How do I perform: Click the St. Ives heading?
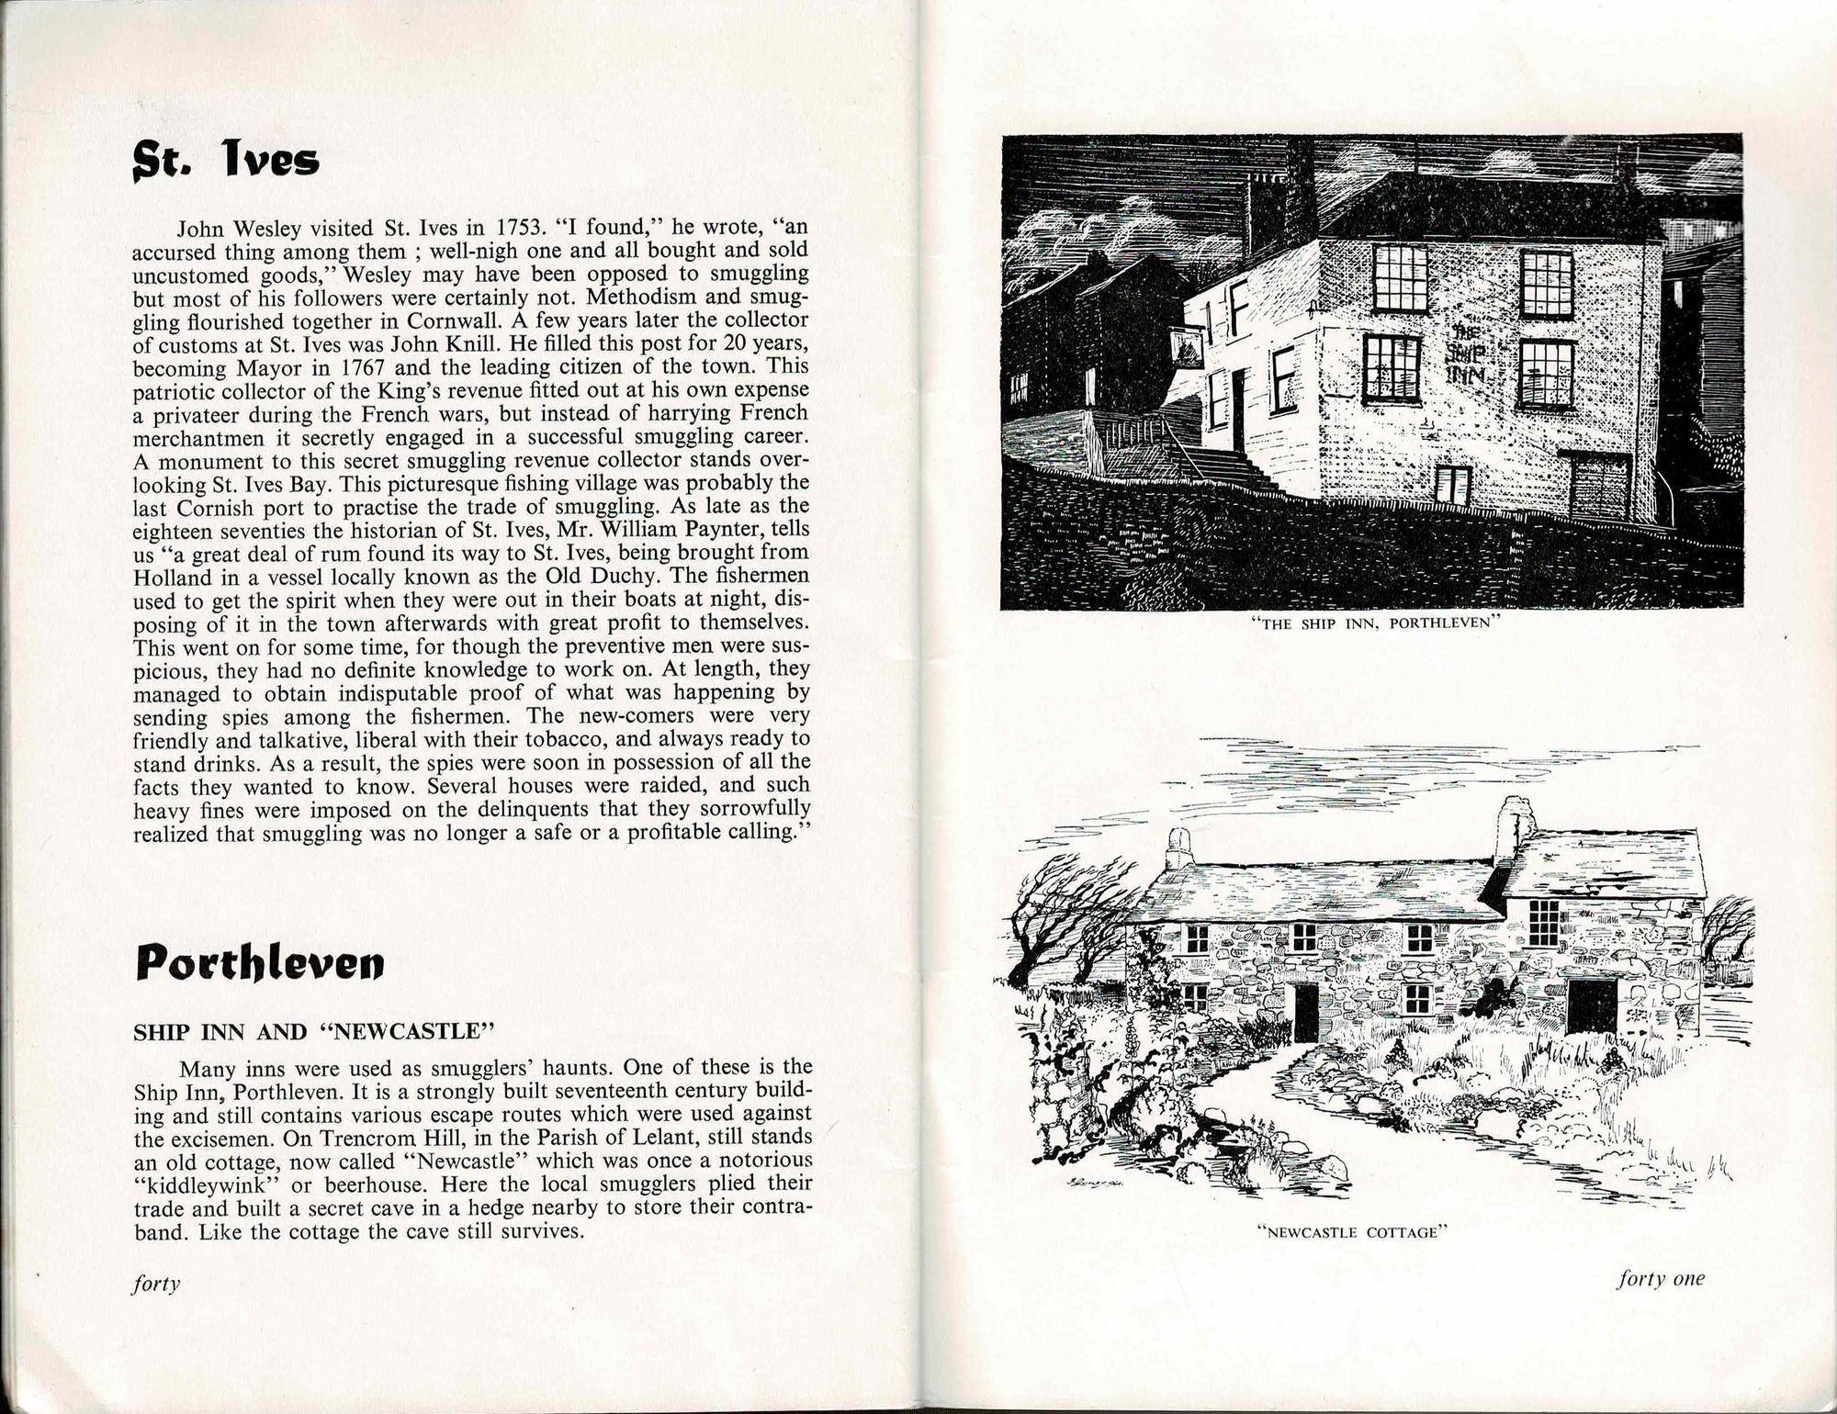(226, 160)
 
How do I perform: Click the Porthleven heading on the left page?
(259, 961)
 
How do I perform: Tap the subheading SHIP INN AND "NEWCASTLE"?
(314, 1031)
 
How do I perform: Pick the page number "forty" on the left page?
(156, 1283)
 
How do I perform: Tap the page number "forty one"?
(1660, 1278)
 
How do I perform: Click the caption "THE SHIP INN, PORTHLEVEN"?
(1375, 623)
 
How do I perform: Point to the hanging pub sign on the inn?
(1190, 347)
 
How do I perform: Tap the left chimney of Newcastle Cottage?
(1178, 849)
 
